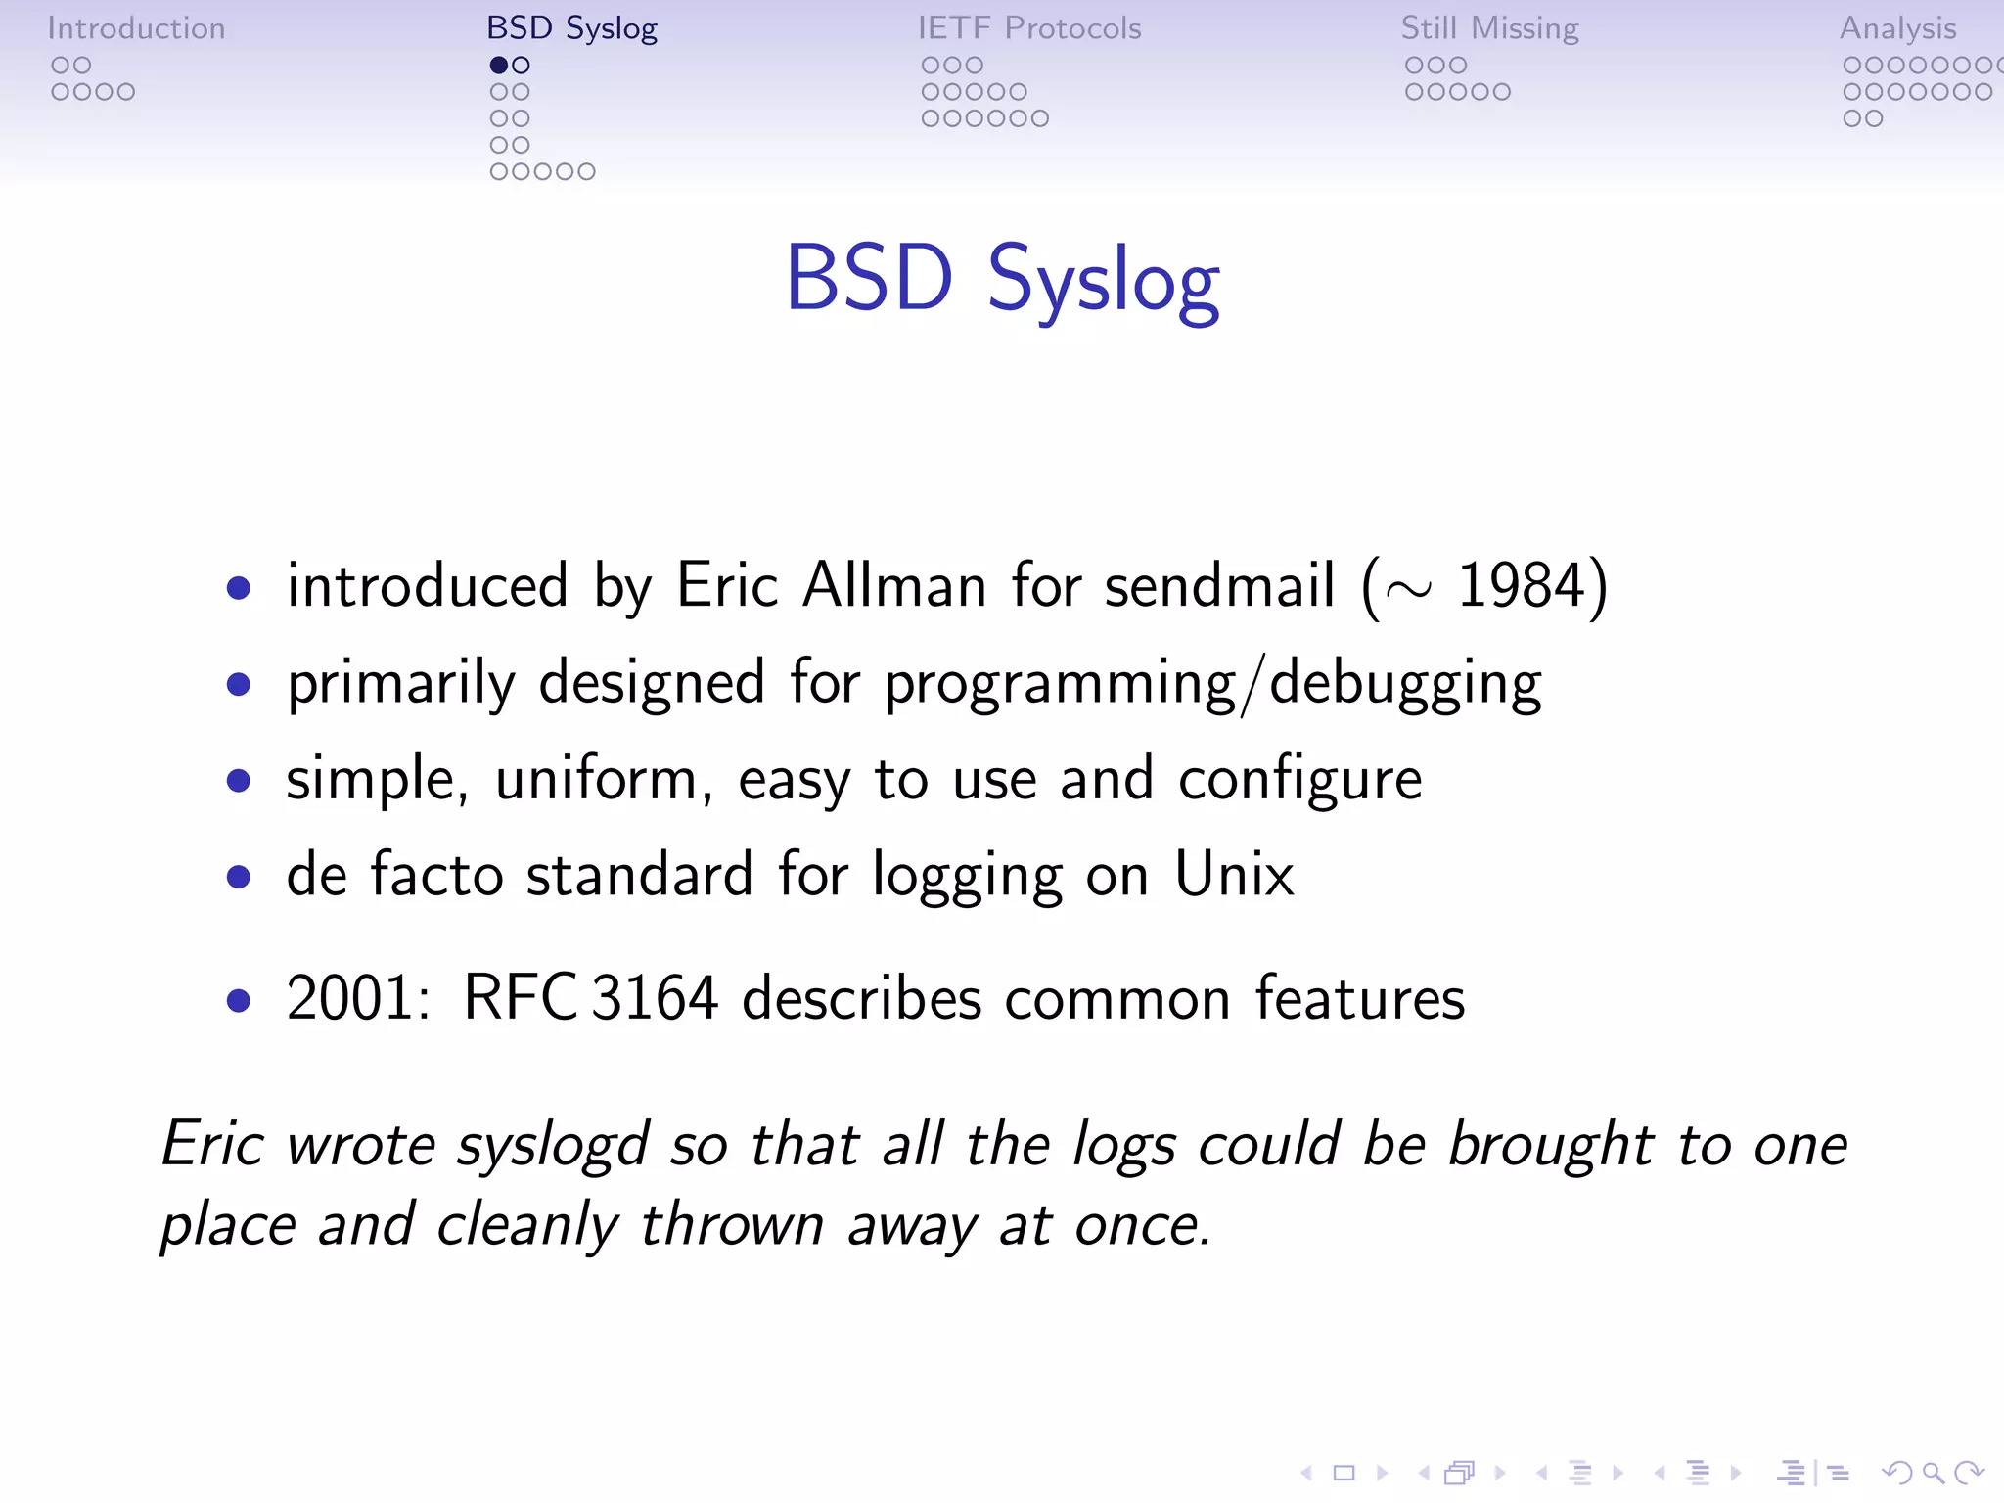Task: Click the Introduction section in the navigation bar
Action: (x=136, y=28)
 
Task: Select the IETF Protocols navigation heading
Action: (x=1029, y=28)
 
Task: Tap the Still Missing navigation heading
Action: (x=1489, y=28)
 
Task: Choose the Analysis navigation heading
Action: (x=1897, y=28)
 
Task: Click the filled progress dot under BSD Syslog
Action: (x=499, y=66)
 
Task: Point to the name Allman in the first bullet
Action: (x=894, y=586)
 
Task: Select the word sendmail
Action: (x=1219, y=586)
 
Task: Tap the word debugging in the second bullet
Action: (x=1405, y=684)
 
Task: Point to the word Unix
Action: (x=1234, y=875)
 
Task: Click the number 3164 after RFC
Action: (x=656, y=999)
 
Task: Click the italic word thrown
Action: (x=732, y=1225)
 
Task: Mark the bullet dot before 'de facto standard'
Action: (x=238, y=877)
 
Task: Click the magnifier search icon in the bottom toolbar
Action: (x=1933, y=1473)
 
